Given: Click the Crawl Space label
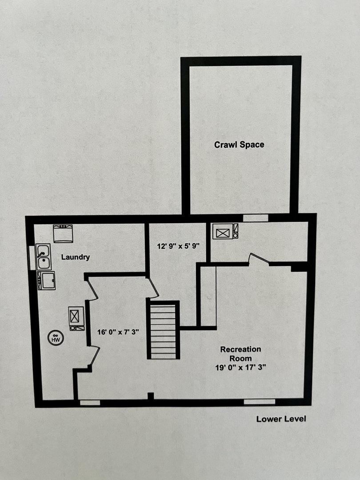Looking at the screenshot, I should pyautogui.click(x=240, y=144).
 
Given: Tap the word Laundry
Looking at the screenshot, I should pyautogui.click(x=76, y=257).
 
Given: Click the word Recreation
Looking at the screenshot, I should pyautogui.click(x=240, y=349).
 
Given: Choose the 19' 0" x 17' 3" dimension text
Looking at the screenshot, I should pyautogui.click(x=240, y=368).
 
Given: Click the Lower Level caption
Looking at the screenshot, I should pyautogui.click(x=281, y=419).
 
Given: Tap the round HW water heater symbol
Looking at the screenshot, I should pyautogui.click(x=56, y=338).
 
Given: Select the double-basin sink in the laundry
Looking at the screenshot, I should pyautogui.click(x=44, y=257).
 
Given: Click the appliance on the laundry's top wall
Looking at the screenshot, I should pyautogui.click(x=63, y=233).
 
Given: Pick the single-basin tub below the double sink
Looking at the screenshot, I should pyautogui.click(x=46, y=280).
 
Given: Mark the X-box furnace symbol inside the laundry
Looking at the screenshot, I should pyautogui.click(x=76, y=316).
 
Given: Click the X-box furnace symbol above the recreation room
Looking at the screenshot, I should pyautogui.click(x=223, y=231).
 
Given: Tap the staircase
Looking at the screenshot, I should pyautogui.click(x=164, y=330).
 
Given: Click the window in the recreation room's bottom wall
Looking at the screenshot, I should pyautogui.click(x=260, y=402).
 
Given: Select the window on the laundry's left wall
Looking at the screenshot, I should pyautogui.click(x=32, y=258).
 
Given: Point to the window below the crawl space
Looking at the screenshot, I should pyautogui.click(x=256, y=218).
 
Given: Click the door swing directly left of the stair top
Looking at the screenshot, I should pyautogui.click(x=152, y=287).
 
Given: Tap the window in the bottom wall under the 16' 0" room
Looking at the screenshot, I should pyautogui.click(x=90, y=403).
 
